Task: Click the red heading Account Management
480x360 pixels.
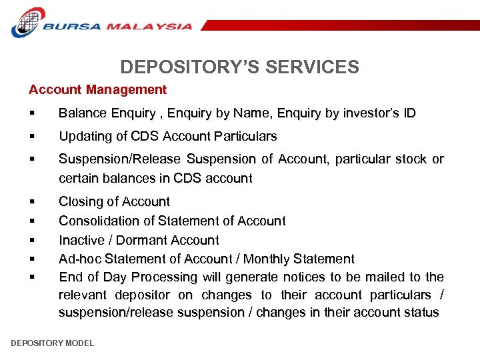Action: pos(97,89)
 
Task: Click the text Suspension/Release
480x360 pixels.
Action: pos(120,159)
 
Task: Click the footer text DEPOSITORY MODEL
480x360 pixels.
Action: pos(53,343)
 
